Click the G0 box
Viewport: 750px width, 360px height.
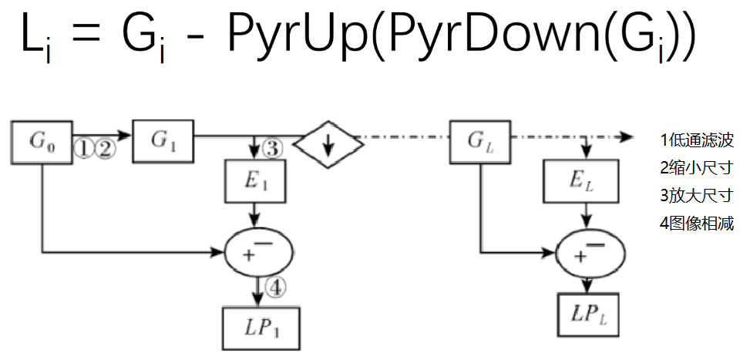pos(42,142)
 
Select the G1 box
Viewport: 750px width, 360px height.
pos(163,141)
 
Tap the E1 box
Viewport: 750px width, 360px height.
pos(255,181)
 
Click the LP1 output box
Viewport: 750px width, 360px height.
pos(261,328)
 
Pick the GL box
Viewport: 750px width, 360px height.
pos(479,142)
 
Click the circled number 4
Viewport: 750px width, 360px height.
pos(275,288)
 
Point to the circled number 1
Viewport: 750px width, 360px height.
pos(85,148)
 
